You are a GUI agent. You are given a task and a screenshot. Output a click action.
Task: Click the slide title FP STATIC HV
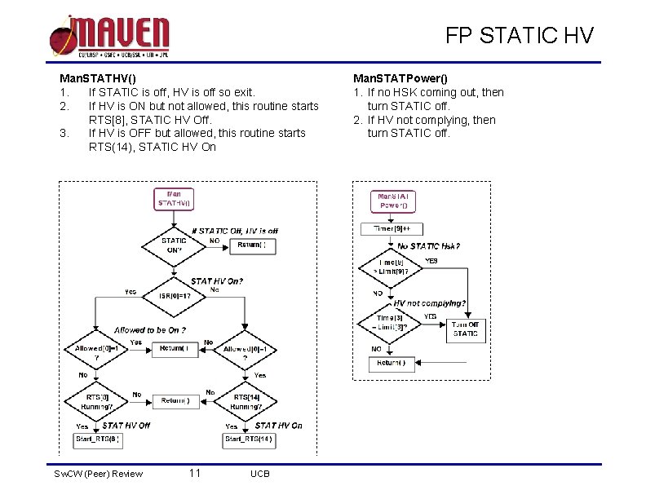click(520, 36)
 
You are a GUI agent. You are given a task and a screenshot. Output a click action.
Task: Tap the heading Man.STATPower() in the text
click(400, 78)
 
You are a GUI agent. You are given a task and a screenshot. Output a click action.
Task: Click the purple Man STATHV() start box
click(175, 198)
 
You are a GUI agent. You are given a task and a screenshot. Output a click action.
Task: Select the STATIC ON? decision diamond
click(174, 245)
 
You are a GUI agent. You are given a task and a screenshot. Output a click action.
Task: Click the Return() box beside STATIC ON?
click(251, 245)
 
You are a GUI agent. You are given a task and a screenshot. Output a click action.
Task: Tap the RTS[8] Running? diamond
click(97, 400)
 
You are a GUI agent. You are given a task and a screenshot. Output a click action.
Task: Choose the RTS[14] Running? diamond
click(246, 400)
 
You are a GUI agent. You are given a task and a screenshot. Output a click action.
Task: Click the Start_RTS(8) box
click(97, 440)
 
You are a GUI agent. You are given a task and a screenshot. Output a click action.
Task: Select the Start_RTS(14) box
click(247, 440)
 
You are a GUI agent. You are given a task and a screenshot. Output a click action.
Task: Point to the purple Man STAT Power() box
click(393, 201)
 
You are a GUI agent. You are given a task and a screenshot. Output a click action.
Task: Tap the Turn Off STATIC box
click(465, 328)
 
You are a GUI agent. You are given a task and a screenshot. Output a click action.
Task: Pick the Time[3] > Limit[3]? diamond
click(389, 322)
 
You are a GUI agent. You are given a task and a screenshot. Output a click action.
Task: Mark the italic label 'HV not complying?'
click(430, 303)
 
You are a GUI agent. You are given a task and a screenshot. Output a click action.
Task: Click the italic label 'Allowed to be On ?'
click(150, 329)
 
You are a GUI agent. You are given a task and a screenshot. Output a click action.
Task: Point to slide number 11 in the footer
click(194, 474)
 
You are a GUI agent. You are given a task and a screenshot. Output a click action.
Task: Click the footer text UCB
click(260, 475)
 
